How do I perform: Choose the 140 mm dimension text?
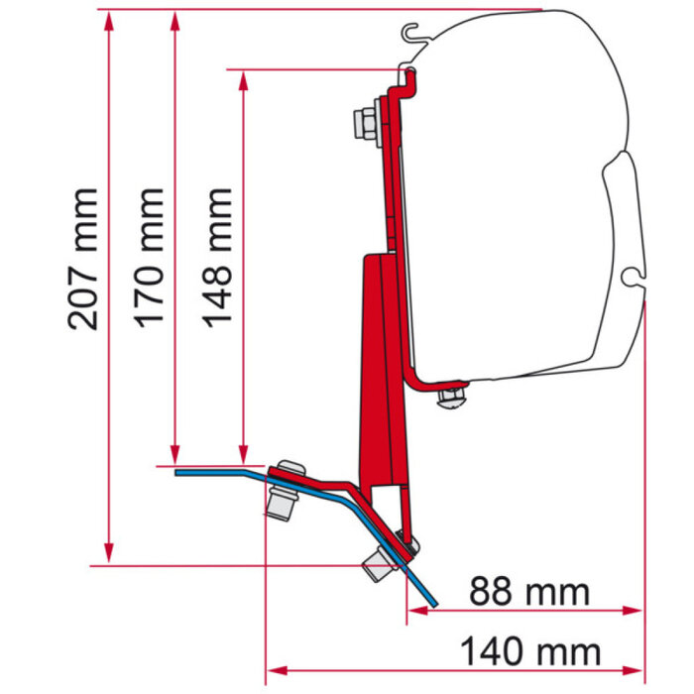click(530, 652)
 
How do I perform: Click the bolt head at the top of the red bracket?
click(363, 123)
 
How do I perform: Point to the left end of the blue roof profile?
click(179, 472)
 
